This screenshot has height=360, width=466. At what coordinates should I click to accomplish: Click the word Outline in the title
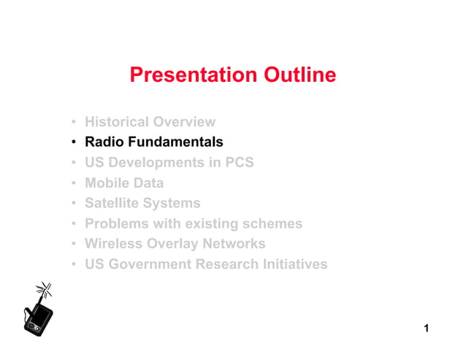pyautogui.click(x=297, y=75)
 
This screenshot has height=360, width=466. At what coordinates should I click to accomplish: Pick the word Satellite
pyautogui.click(x=114, y=203)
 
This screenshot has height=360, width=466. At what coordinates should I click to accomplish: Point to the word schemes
pyautogui.click(x=275, y=223)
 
